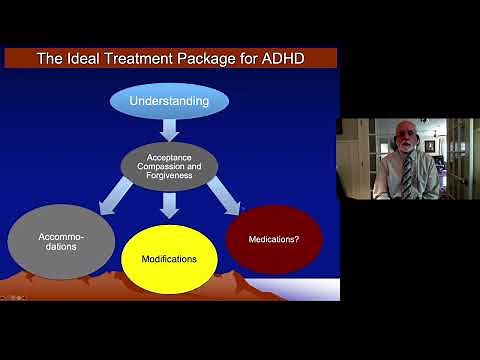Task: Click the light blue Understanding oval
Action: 169,101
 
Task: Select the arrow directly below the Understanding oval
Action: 169,131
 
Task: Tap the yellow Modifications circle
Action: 169,259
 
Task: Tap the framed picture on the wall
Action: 430,146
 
